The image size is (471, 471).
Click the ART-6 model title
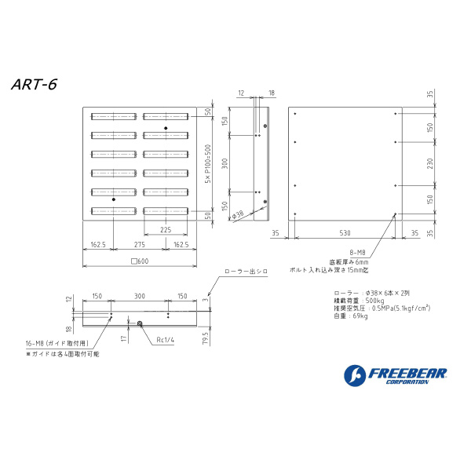35,83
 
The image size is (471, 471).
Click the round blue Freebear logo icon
355,376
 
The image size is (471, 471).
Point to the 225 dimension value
166,230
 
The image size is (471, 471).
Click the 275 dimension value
140,245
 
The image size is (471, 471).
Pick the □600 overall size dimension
139,261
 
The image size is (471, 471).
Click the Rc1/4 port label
165,340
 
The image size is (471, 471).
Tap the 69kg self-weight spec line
349,316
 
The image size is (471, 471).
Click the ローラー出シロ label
246,271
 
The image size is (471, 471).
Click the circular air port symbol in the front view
139,323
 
